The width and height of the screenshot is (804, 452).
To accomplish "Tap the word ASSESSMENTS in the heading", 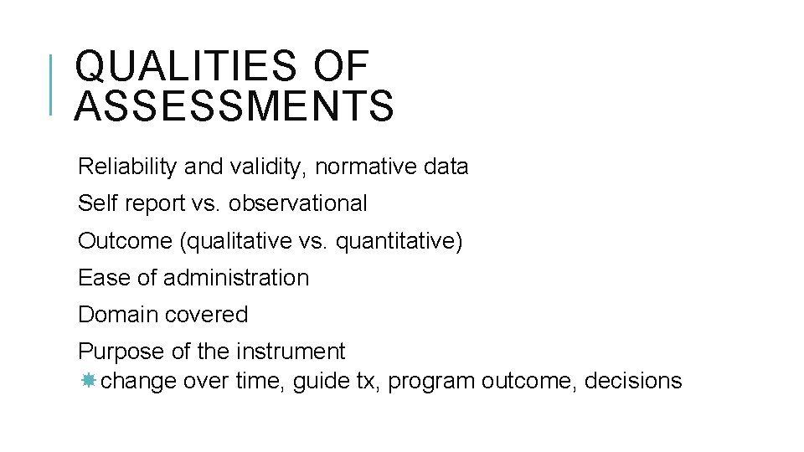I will (234, 107).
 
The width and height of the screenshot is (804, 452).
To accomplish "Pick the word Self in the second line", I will (92, 203).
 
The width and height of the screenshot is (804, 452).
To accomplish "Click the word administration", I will (236, 278).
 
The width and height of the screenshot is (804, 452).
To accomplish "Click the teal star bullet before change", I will (89, 381).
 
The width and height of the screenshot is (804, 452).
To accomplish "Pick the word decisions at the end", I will (633, 382).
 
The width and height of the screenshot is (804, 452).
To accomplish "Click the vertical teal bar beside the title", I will (52, 84).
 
